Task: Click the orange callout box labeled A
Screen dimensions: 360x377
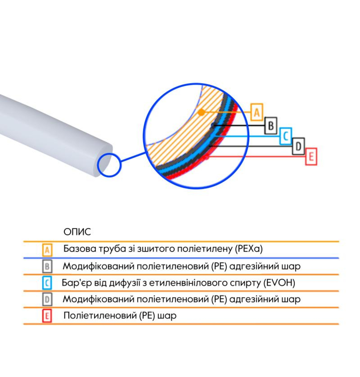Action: click(x=257, y=112)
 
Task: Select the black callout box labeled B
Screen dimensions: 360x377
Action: click(x=271, y=126)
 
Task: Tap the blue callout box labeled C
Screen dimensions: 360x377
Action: click(x=285, y=136)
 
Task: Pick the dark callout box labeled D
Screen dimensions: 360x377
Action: click(x=298, y=146)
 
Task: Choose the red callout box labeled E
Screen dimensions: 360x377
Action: click(x=311, y=157)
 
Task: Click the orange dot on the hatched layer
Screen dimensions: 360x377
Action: click(x=201, y=112)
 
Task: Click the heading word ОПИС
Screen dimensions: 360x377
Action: click(x=77, y=232)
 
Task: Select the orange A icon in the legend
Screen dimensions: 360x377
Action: click(x=47, y=250)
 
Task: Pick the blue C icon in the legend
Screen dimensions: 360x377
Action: click(x=47, y=283)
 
